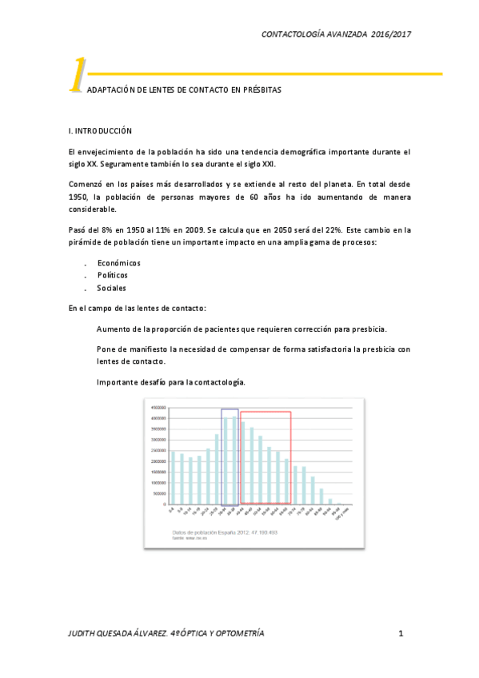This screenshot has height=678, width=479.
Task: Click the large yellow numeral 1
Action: pos(77,77)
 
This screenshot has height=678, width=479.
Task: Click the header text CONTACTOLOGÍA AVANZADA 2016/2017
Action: pos(336,34)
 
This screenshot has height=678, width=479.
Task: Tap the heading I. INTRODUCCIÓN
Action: pos(101,130)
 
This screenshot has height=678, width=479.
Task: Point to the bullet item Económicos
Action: pos(118,262)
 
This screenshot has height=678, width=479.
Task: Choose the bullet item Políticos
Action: pos(112,275)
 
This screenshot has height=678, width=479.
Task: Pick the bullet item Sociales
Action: pos(111,288)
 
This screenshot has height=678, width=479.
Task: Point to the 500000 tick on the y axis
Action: pos(158,493)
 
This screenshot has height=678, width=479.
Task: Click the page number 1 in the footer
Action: pos(401,634)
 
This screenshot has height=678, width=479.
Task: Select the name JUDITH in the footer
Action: pos(85,634)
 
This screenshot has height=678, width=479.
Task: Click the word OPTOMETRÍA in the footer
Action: pos(237,634)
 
